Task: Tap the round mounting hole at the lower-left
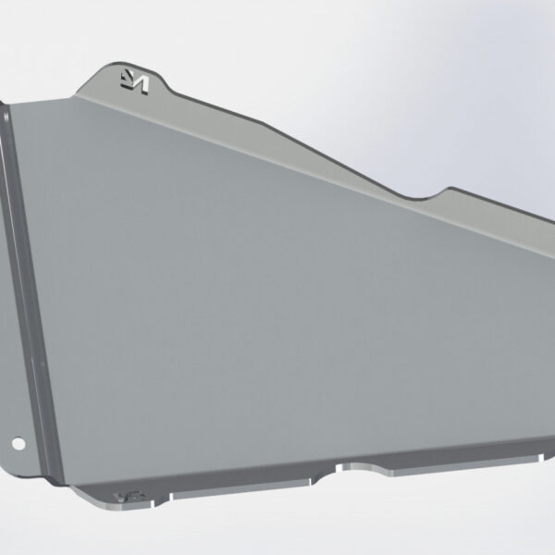coord(16,443)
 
